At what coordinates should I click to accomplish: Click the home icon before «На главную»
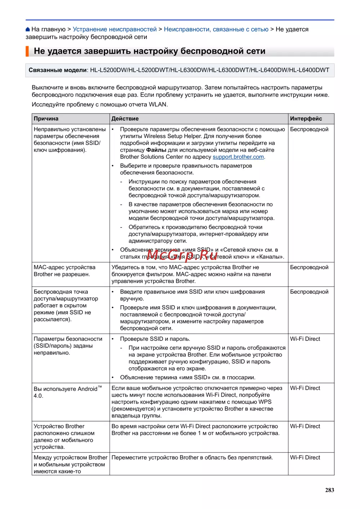click(x=28, y=30)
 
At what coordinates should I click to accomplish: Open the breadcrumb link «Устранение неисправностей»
click(x=114, y=29)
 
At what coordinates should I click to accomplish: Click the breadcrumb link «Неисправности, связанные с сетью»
click(x=216, y=29)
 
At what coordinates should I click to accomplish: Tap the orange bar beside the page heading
click(x=27, y=51)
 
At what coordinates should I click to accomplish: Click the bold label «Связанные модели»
click(x=58, y=70)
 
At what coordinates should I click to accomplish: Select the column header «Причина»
click(x=46, y=119)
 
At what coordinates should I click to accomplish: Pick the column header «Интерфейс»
click(x=306, y=119)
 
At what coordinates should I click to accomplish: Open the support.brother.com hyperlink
click(x=238, y=157)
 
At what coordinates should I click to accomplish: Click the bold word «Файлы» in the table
click(x=156, y=150)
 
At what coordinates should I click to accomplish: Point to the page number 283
click(x=329, y=490)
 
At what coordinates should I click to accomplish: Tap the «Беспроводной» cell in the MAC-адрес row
click(x=309, y=267)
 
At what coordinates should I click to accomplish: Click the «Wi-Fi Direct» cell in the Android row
click(x=305, y=388)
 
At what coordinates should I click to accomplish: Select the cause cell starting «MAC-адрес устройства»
click(x=65, y=271)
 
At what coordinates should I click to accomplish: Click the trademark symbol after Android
click(x=100, y=387)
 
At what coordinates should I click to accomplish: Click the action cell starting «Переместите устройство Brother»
click(x=192, y=458)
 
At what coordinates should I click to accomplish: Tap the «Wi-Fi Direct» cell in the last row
click(x=305, y=458)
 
